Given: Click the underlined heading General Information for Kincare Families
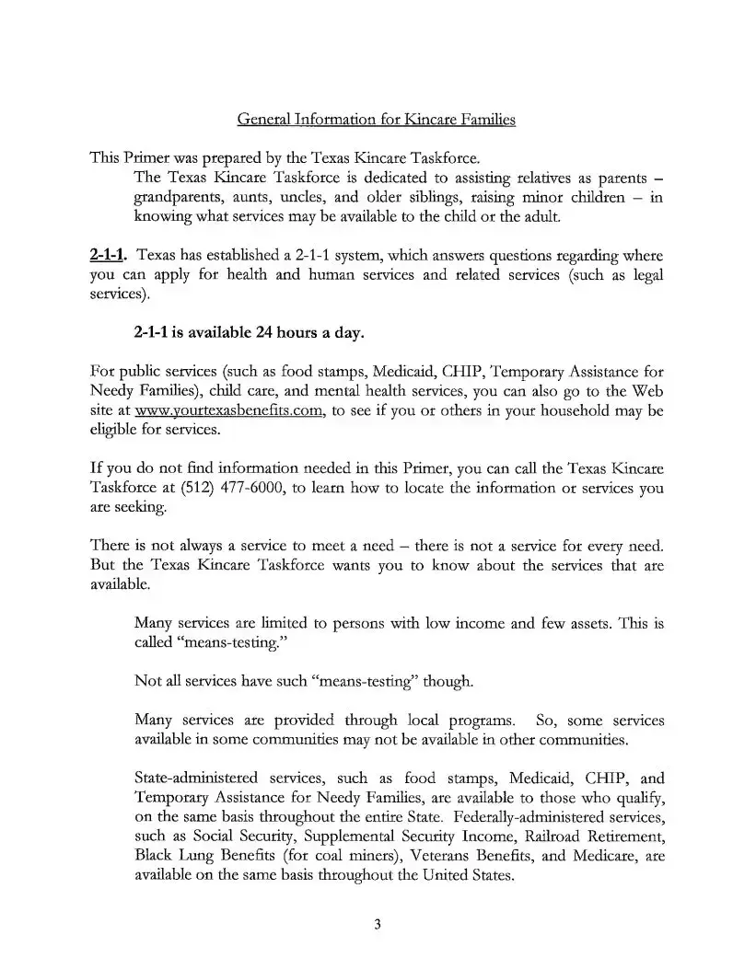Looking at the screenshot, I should coord(377,120).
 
